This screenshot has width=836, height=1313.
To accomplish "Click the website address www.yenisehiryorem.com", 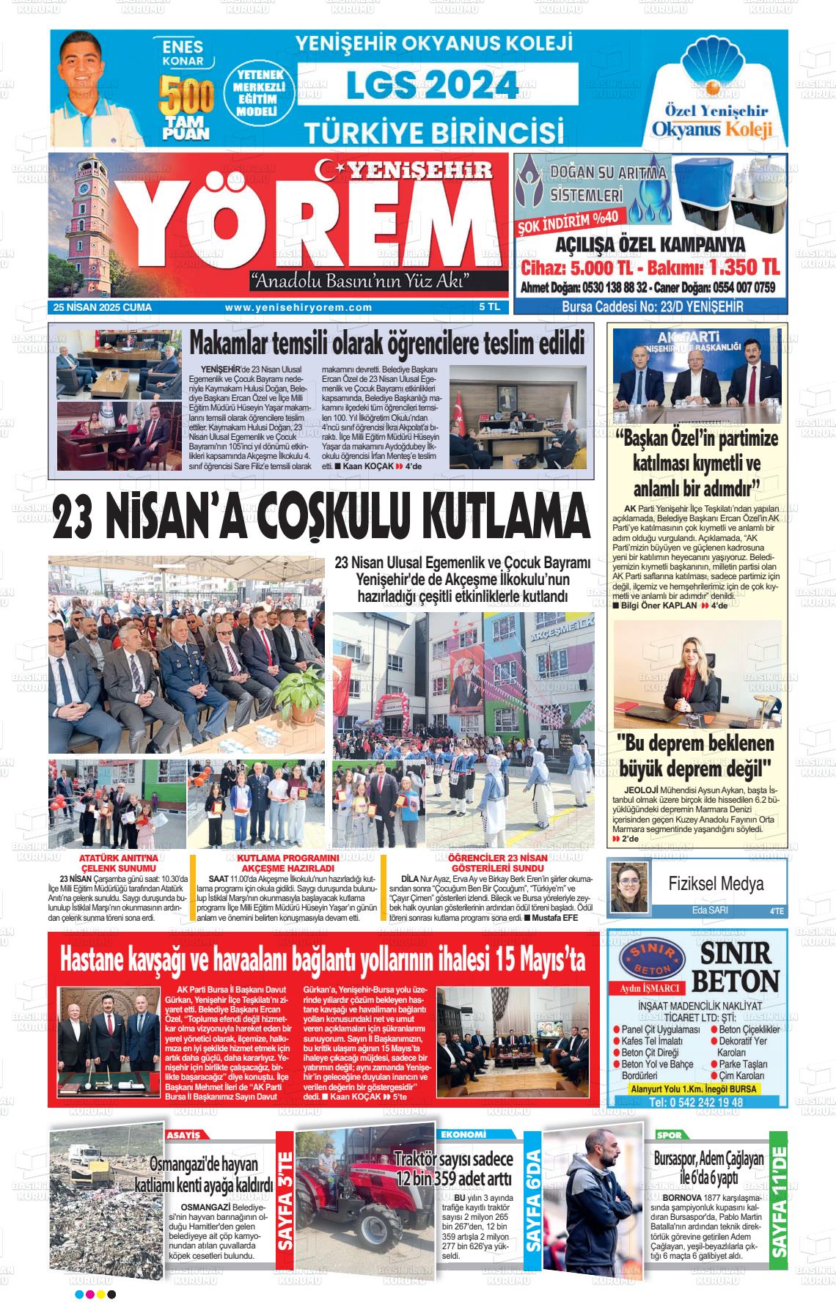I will [x=298, y=308].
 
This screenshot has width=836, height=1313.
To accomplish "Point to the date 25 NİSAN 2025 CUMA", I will [x=103, y=308].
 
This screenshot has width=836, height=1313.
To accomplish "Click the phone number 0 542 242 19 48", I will [x=696, y=1103].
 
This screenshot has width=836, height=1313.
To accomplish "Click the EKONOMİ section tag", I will [x=463, y=1135].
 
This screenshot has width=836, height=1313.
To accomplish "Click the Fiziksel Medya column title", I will [x=715, y=883].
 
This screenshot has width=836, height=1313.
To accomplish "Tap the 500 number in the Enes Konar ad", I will [x=187, y=96].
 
